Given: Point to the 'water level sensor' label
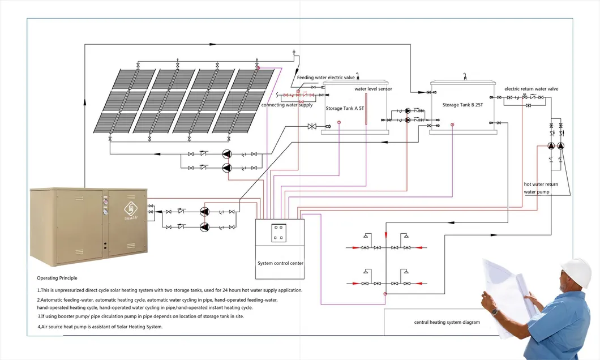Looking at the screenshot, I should (x=373, y=89).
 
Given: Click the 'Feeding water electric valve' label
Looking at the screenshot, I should (x=330, y=77).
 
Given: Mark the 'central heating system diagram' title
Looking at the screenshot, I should (x=447, y=322).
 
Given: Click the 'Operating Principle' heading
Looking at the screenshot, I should (x=57, y=278).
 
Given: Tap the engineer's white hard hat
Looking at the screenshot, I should (x=577, y=271).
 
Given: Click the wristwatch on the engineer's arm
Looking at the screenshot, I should (x=495, y=311).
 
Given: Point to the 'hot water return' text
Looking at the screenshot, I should (x=541, y=185).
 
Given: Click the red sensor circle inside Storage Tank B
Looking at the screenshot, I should (x=452, y=124).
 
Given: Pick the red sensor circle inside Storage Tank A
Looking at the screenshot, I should (x=338, y=123).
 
